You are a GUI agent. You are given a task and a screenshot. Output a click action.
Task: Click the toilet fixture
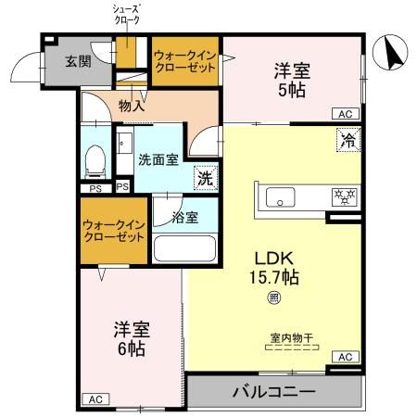pos(95,164)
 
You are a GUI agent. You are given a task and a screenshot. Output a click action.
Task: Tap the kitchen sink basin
pos(279,196)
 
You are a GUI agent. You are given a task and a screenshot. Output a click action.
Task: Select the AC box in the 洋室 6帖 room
pos(94,399)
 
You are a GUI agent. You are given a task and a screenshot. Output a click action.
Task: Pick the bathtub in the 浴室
pos(183,248)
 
